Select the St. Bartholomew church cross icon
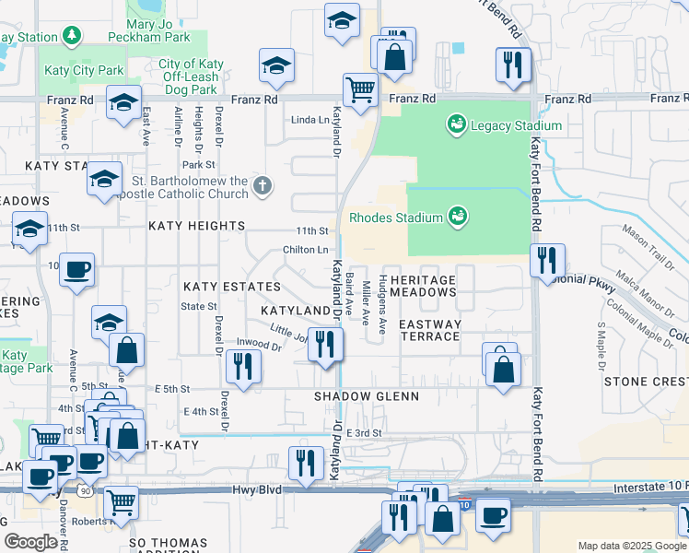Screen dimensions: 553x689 pos(263,187)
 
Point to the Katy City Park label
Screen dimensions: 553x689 pos(84,70)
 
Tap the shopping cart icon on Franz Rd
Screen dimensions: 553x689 pos(360,90)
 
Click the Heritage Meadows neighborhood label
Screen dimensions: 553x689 pos(423,286)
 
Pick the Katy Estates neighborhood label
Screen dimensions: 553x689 pos(231,288)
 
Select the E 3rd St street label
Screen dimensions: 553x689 pos(363,432)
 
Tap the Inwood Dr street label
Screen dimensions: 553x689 pos(258,345)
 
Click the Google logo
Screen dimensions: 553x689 pos(31,542)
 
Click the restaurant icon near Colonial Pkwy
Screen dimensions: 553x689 pos(548,261)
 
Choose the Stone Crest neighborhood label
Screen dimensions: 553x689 pos(644,381)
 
